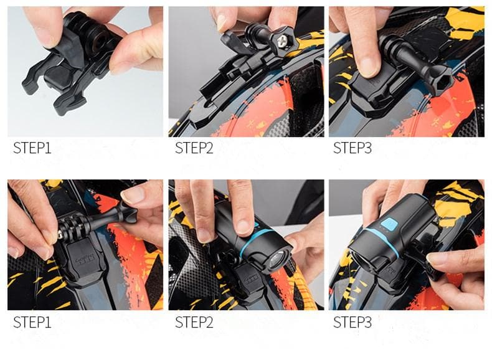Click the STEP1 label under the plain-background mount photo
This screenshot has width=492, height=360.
point(32,148)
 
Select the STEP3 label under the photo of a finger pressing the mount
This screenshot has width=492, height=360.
point(352,148)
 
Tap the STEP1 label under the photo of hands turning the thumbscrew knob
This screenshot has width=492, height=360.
point(32,323)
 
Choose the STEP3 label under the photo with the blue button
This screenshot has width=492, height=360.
point(352,323)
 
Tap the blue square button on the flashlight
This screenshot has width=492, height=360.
point(389,225)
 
